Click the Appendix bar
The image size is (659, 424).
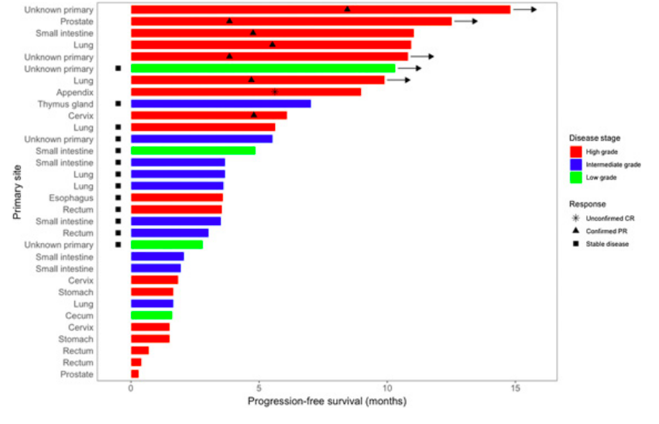tap(245, 92)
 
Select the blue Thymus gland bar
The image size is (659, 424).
tap(221, 104)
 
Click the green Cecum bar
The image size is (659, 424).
tap(152, 316)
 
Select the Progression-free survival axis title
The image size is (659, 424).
tap(327, 403)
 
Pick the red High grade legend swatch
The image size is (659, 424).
tap(575, 152)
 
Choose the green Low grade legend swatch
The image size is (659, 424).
tap(575, 178)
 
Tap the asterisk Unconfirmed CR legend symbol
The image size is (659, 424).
tap(575, 219)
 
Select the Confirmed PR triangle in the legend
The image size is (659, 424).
tap(575, 231)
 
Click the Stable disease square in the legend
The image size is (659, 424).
tap(575, 244)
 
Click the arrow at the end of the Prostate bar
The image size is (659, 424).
tap(466, 22)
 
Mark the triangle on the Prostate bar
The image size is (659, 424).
tap(229, 21)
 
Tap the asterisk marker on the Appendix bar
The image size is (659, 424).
tap(275, 91)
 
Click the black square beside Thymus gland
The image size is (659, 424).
tap(118, 104)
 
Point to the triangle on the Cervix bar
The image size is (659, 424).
tap(253, 115)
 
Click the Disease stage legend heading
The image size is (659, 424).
tap(596, 138)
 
